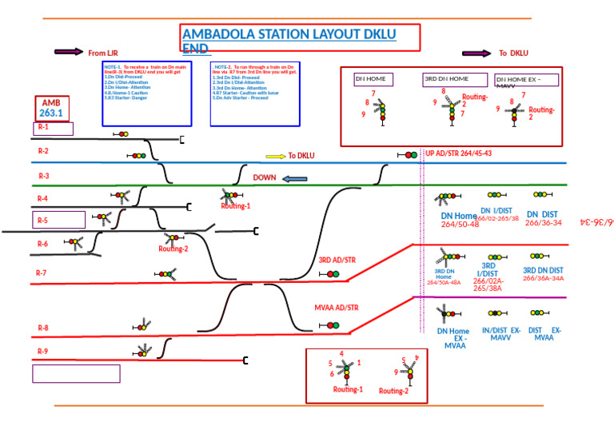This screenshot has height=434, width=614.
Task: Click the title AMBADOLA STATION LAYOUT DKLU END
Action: pos(300,38)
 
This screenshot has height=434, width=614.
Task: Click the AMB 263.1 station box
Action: pos(52,109)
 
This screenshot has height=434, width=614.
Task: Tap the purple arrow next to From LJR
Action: pos(68,52)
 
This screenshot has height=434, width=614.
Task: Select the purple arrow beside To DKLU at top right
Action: pos(476,54)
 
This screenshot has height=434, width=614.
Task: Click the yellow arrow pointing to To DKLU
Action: pos(275,156)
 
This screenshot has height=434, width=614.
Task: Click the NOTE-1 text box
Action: pos(147,93)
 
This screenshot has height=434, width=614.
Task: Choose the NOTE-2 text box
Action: pos(255,93)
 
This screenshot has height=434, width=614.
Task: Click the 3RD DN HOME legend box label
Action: pos(455,79)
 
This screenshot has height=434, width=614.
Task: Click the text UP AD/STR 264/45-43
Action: pos(458,153)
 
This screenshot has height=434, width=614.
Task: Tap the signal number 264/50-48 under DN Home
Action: pos(460,225)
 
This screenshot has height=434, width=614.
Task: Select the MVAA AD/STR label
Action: pos(337,307)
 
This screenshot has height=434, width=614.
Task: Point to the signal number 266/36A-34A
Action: pos(544,278)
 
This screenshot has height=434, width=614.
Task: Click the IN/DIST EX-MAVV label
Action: pos(501,333)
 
